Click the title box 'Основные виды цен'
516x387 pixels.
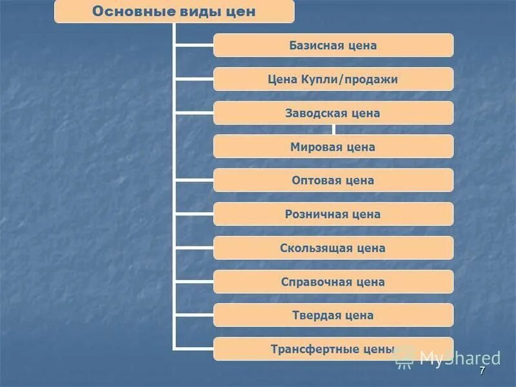tap(174, 12)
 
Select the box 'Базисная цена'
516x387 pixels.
tap(333, 45)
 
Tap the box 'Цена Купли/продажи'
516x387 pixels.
tap(333, 79)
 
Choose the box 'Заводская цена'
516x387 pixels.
tap(333, 113)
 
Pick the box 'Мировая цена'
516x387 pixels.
tap(333, 146)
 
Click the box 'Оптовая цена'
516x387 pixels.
tap(333, 181)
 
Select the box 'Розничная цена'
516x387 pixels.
tap(333, 214)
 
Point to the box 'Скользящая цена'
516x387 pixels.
tap(333, 248)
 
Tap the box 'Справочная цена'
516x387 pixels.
tap(333, 282)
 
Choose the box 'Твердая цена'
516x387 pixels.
tap(333, 315)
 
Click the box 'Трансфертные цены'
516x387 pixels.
tap(333, 349)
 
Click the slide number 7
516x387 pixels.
tap(482, 372)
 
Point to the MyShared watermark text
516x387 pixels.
tap(459, 359)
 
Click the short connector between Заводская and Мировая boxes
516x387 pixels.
tap(333, 130)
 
